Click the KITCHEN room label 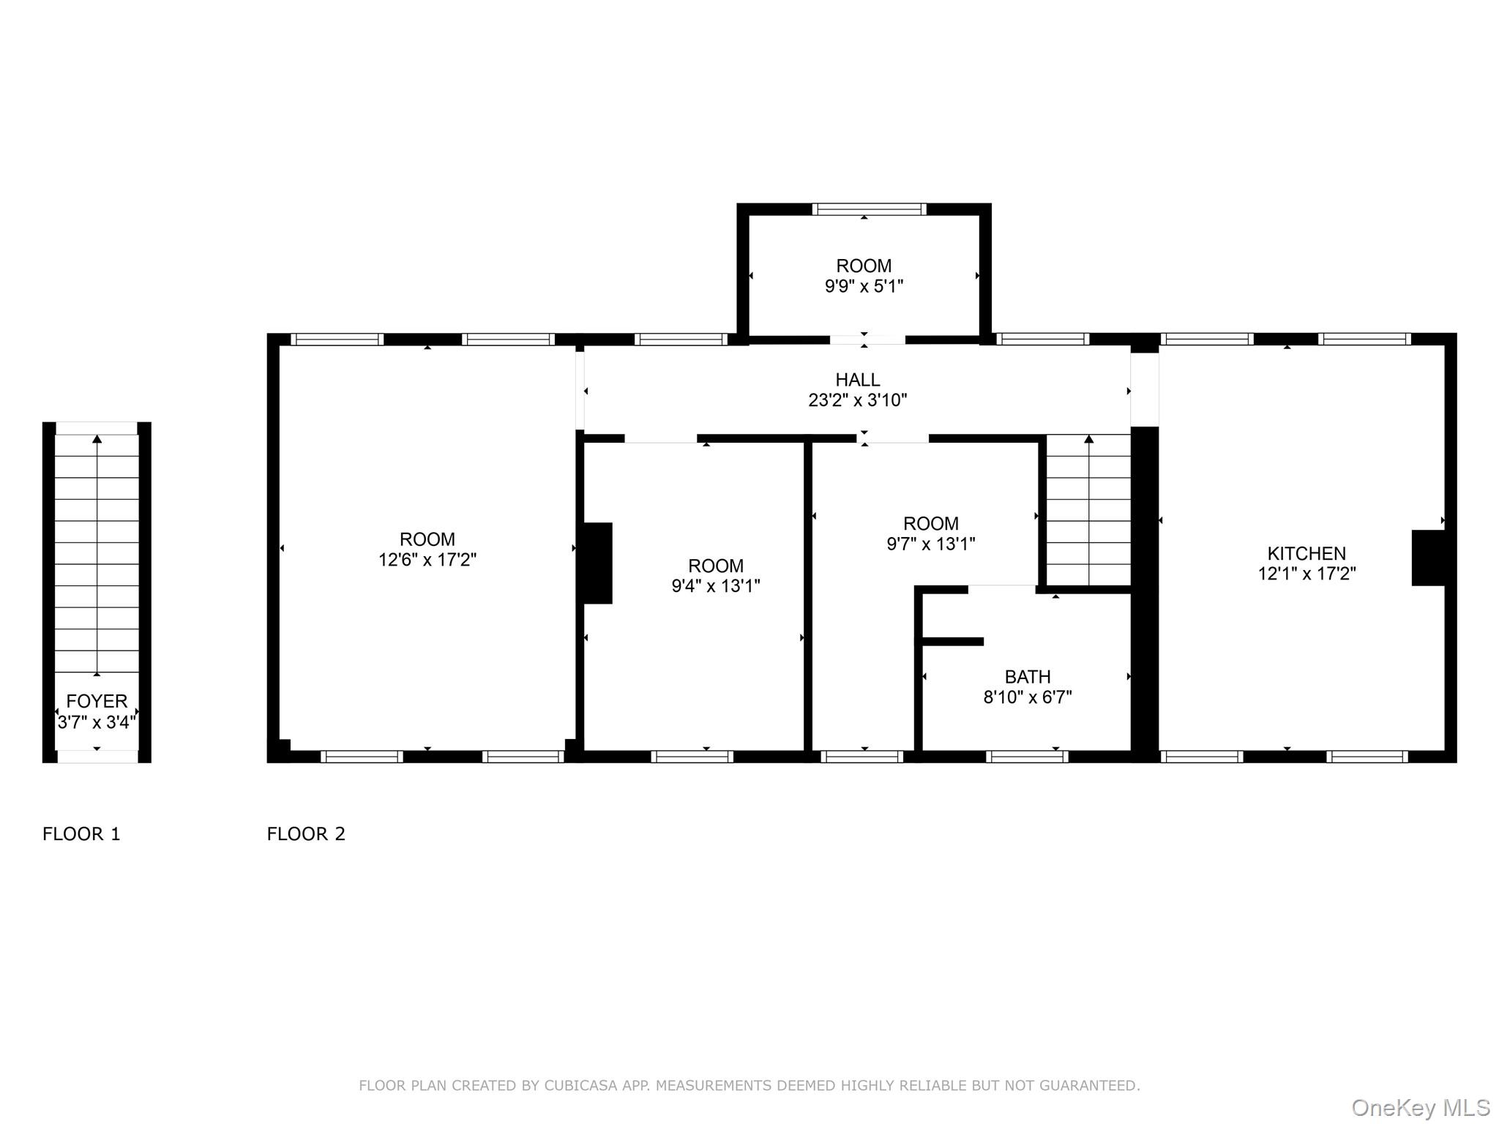click(1307, 553)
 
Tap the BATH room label click(1027, 677)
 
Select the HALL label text click(857, 380)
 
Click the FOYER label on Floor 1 click(97, 701)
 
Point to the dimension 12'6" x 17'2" click(427, 560)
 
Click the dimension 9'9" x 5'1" click(864, 286)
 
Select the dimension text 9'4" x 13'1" click(715, 586)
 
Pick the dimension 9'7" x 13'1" click(930, 544)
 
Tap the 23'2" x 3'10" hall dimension click(857, 400)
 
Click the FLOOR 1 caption click(81, 833)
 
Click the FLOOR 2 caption click(305, 833)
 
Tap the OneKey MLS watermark click(1421, 1108)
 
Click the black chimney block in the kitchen click(1427, 558)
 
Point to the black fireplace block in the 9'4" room click(597, 563)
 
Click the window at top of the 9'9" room click(869, 209)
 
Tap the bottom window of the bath click(1026, 757)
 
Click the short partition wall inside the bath click(952, 642)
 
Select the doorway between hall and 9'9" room click(867, 340)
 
